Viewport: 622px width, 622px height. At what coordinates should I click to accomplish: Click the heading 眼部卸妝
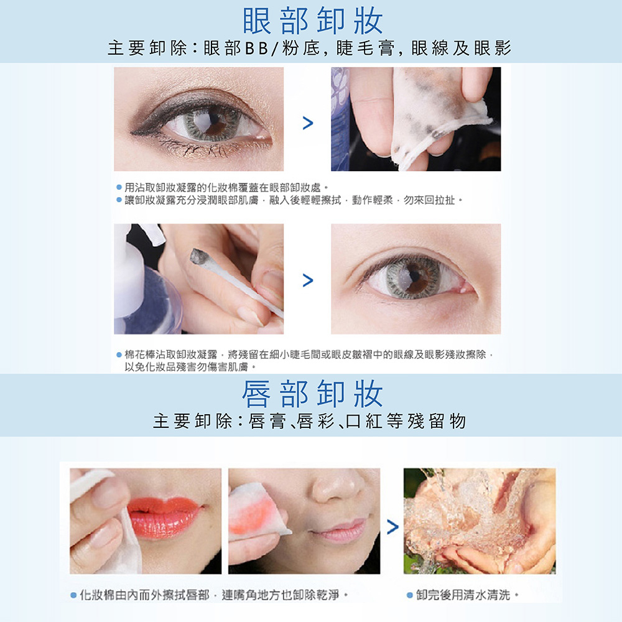[313, 21]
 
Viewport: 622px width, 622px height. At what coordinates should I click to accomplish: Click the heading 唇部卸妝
[313, 394]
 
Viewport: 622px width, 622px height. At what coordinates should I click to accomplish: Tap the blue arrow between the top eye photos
[308, 123]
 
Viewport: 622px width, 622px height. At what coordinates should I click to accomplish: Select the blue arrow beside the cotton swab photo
[308, 280]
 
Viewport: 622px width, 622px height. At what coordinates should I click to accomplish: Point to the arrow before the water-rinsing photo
[392, 527]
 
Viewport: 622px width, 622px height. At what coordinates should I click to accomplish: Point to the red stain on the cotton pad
[251, 514]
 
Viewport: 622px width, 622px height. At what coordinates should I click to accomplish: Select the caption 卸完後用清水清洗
[463, 595]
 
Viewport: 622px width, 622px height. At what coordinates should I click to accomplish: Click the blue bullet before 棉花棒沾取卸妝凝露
[119, 355]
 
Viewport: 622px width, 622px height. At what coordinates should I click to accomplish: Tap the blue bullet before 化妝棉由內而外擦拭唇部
[73, 595]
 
